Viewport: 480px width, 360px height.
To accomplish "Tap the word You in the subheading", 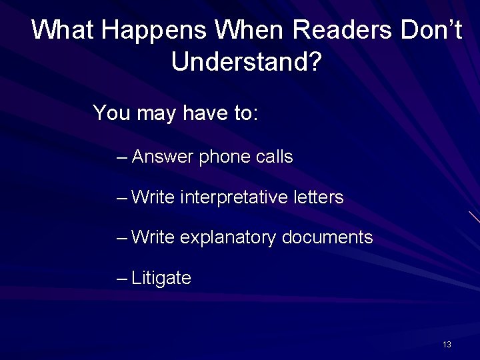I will [x=111, y=113].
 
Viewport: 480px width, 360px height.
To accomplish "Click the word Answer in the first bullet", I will [x=163, y=157].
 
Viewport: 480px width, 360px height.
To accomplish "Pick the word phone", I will [x=224, y=157].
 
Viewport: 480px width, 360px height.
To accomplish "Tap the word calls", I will [x=274, y=157].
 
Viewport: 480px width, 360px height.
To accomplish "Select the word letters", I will [x=318, y=198].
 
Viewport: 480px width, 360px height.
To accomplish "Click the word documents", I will [x=327, y=238].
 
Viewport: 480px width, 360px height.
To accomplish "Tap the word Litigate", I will [x=161, y=278].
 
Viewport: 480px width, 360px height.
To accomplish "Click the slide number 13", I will [x=447, y=345].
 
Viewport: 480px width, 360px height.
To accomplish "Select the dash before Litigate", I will [x=121, y=278].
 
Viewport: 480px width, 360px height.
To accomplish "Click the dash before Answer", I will [x=121, y=158].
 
